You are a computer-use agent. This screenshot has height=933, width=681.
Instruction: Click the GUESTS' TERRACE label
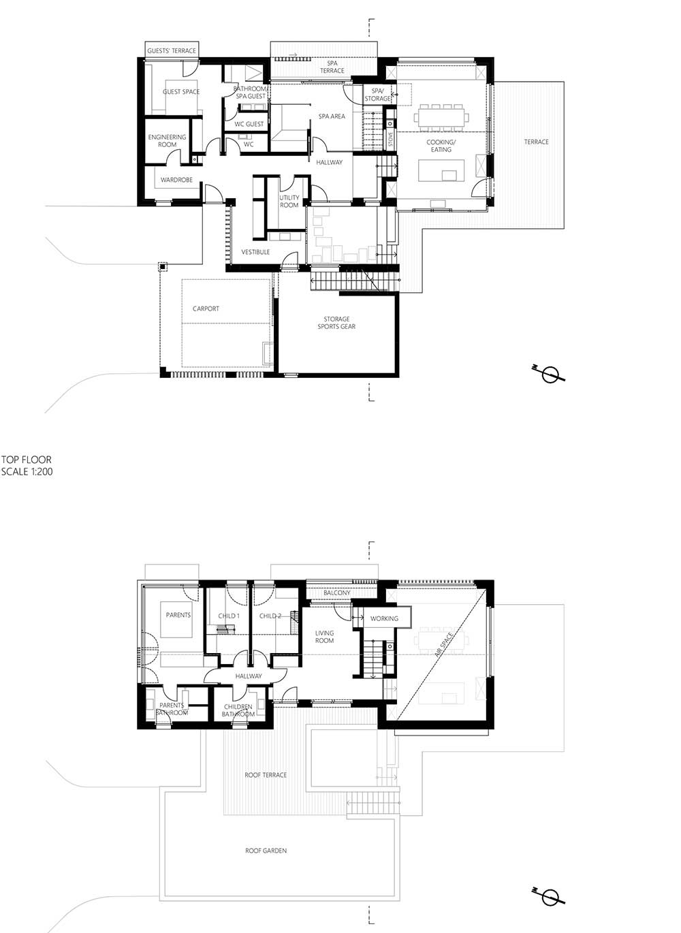(x=171, y=51)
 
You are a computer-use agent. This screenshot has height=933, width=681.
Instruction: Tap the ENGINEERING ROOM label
(x=167, y=141)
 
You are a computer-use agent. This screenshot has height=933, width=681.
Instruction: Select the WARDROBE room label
(x=176, y=180)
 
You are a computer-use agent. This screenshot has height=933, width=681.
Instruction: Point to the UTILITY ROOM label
(x=289, y=201)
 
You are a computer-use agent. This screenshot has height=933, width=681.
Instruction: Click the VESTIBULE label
(x=256, y=252)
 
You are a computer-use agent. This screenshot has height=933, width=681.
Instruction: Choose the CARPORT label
(x=206, y=309)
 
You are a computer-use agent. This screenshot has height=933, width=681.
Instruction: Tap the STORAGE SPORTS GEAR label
(x=336, y=323)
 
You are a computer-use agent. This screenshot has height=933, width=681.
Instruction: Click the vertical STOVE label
(x=391, y=140)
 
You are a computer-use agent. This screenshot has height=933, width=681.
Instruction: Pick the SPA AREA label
(x=332, y=116)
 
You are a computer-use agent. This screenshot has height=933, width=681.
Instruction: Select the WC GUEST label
(x=249, y=124)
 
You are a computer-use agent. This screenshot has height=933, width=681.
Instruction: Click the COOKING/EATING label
(x=441, y=146)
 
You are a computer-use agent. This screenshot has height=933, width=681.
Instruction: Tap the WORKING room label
(x=384, y=618)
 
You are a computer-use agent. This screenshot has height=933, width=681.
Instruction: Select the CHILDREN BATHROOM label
(x=238, y=710)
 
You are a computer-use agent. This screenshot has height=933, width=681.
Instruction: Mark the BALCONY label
(x=337, y=592)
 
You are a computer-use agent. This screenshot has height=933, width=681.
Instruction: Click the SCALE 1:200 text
(x=27, y=471)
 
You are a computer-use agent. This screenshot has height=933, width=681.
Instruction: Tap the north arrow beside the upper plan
(x=548, y=374)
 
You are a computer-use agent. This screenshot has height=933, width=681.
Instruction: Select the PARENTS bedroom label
(x=178, y=615)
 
